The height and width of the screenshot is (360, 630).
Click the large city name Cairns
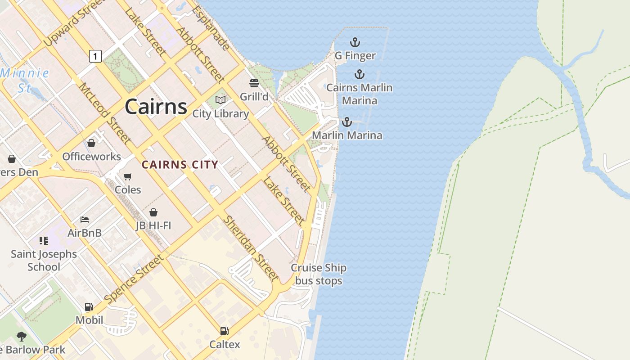156,107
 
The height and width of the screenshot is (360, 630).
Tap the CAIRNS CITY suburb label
180,165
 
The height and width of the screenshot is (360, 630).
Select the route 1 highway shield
95,56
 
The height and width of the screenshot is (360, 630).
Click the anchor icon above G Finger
355,43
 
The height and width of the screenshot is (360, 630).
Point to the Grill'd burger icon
254,83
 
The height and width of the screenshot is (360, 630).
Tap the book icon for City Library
220,100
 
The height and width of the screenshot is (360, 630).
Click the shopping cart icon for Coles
128,176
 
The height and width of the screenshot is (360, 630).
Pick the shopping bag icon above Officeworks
91,143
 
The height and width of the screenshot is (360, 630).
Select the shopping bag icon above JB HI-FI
153,212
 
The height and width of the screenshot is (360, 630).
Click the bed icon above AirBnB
85,220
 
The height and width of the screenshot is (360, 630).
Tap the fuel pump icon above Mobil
89,307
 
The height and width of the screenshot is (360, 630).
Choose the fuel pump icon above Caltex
224,331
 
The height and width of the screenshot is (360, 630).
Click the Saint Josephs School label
44,260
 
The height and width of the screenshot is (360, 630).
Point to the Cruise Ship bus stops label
319,274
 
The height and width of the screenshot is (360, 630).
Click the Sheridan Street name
251,248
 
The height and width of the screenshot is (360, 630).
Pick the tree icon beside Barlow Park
21,336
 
